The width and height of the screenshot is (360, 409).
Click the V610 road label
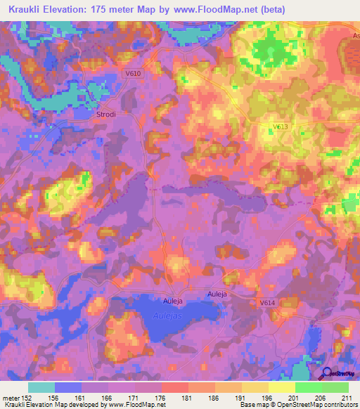click(x=130, y=72)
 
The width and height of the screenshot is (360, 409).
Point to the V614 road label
click(x=266, y=301)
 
